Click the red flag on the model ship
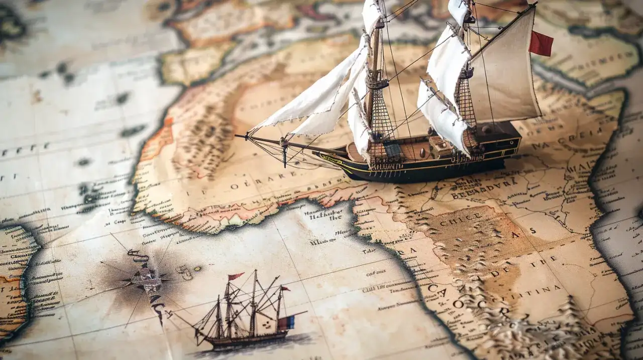(541, 44)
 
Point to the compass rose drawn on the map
(146, 278)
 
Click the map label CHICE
(454, 221)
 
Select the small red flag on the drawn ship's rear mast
(285, 289)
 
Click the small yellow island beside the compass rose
(197, 269)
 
